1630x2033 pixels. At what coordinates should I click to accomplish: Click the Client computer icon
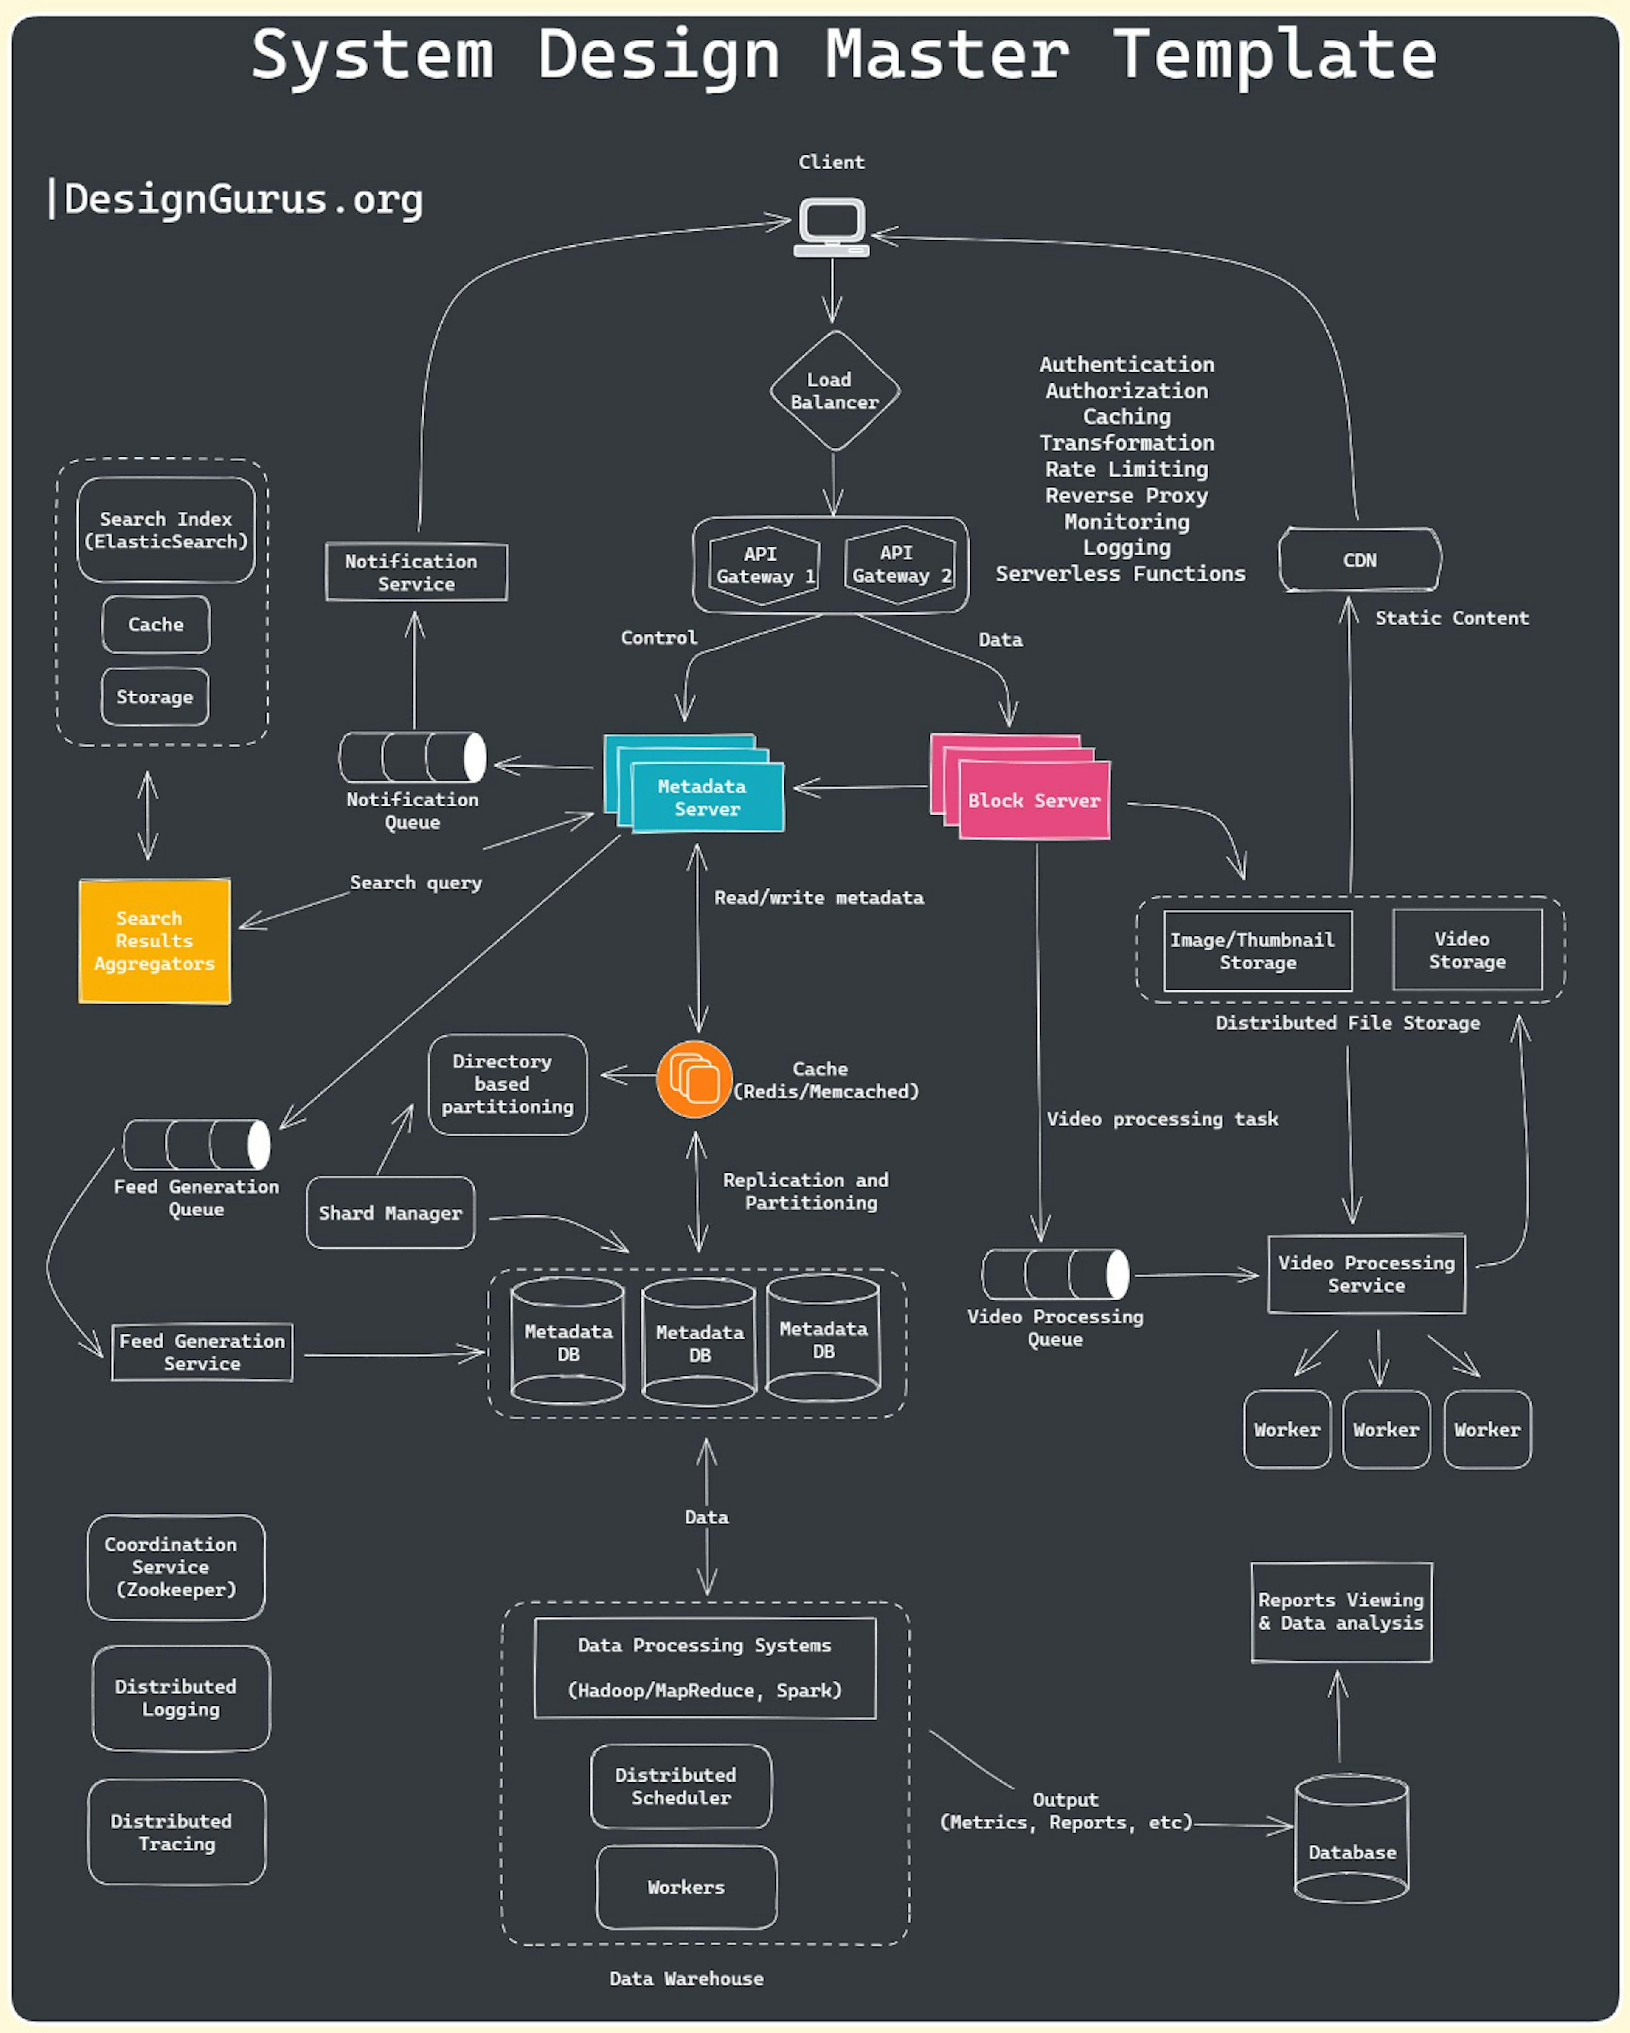tap(832, 226)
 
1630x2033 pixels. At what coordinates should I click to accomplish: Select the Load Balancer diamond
tap(835, 390)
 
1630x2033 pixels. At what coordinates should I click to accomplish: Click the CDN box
tap(1360, 560)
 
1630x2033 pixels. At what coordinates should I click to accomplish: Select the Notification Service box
tap(416, 572)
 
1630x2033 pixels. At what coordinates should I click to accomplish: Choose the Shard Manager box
tap(390, 1212)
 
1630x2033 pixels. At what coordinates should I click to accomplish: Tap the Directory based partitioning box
tap(507, 1084)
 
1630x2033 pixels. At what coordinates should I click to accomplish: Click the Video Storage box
tap(1467, 950)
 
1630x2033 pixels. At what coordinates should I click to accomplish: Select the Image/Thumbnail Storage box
tap(1258, 950)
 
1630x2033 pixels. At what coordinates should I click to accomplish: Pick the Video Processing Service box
tap(1366, 1274)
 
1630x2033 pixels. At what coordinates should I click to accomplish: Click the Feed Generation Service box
tap(202, 1352)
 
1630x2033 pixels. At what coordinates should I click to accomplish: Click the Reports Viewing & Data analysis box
tap(1341, 1612)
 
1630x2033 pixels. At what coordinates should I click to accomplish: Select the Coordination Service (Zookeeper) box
tap(175, 1567)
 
